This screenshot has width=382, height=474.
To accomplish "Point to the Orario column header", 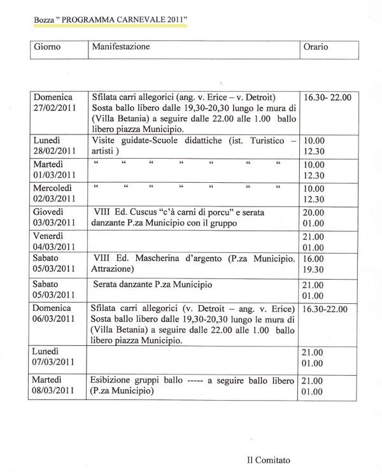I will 316,47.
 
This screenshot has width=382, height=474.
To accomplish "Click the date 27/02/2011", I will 55,109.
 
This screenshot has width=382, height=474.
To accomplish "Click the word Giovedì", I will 50,212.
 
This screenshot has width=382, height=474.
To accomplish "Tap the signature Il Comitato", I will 272,458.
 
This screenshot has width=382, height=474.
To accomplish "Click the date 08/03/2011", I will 55,391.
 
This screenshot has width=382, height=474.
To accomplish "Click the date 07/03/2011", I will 55,362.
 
